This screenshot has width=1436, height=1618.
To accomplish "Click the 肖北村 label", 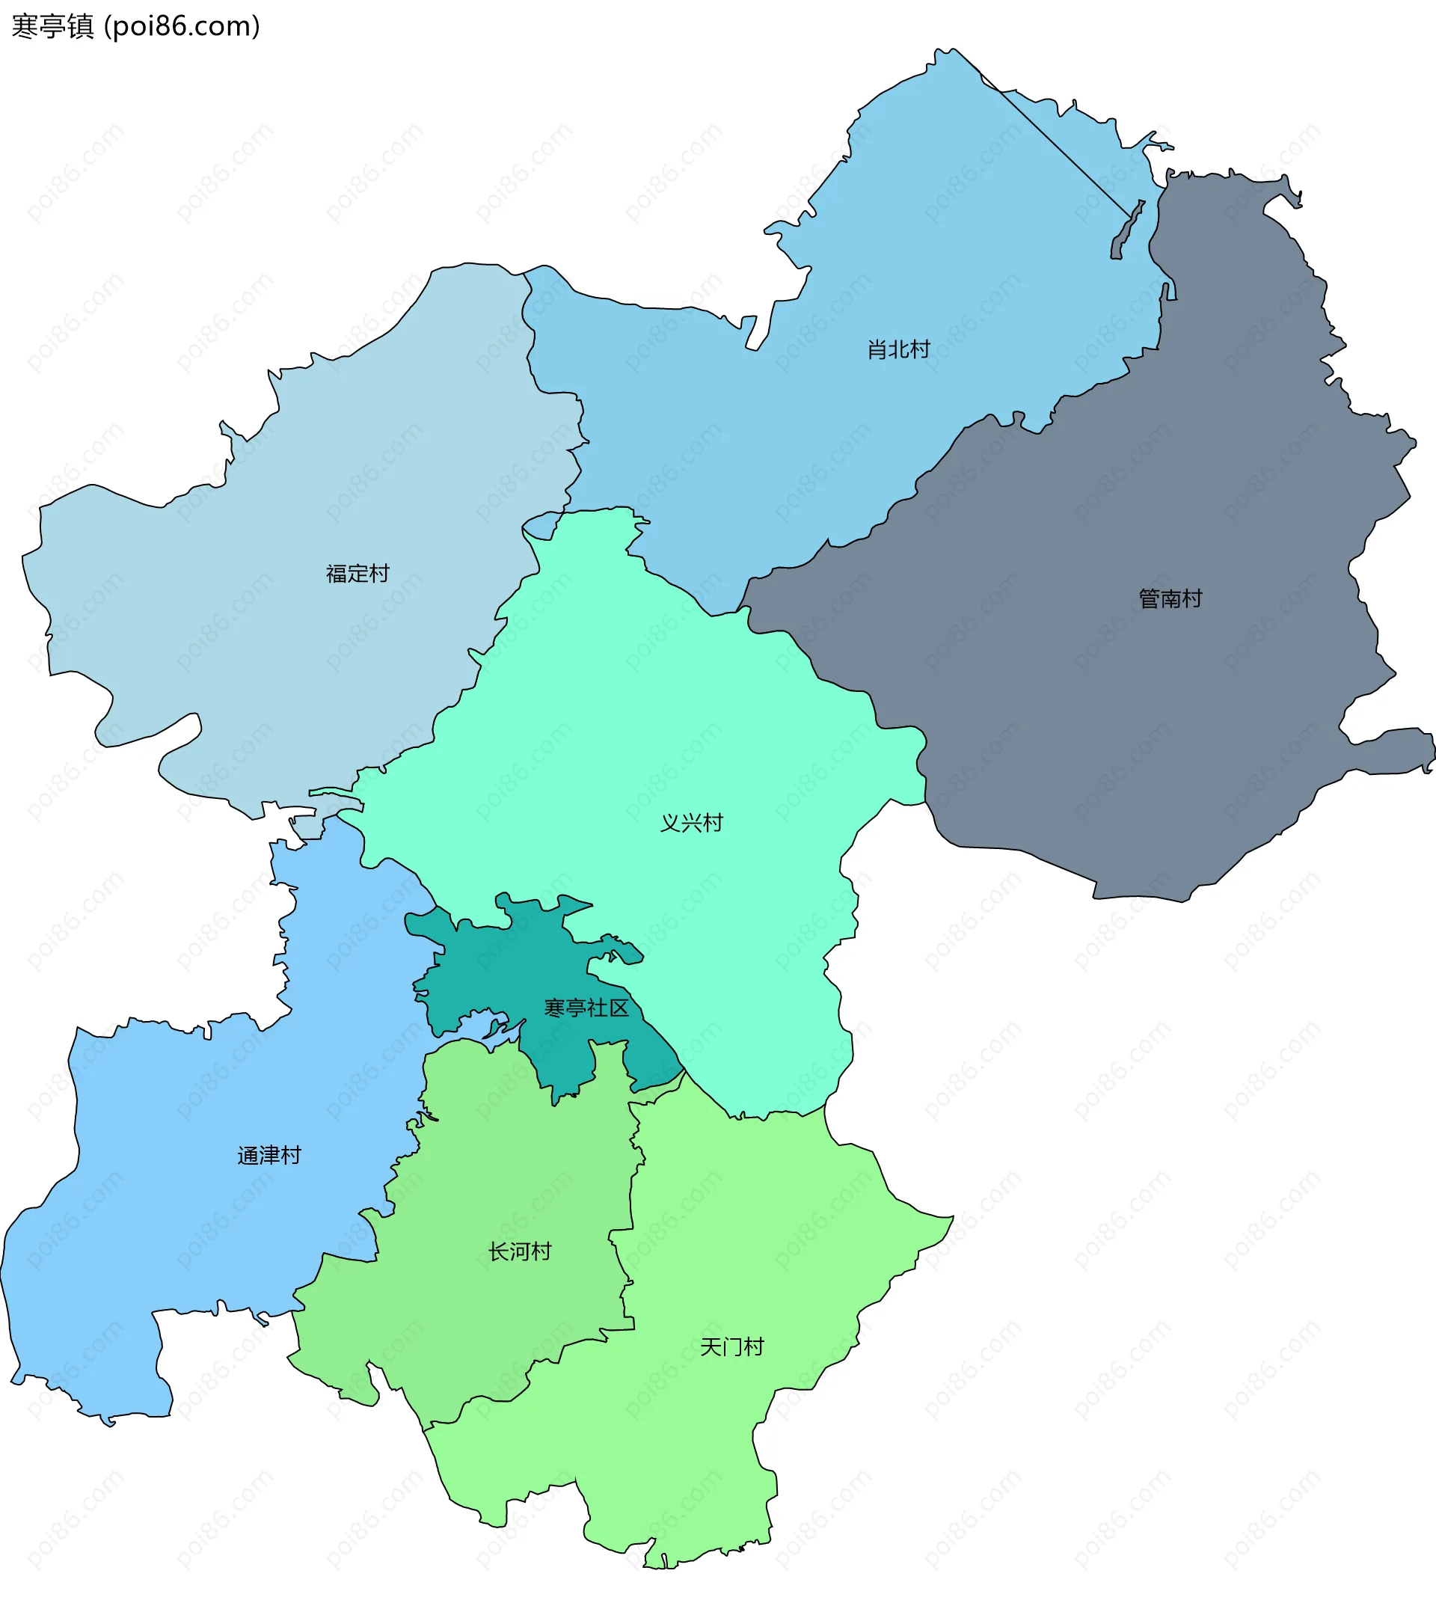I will (898, 349).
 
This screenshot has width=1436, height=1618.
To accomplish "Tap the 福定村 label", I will (358, 573).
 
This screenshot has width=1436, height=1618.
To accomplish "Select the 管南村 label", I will (1170, 598).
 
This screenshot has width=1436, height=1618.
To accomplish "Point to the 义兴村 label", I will (692, 824).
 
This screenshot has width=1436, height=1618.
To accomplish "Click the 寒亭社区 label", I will (586, 1008).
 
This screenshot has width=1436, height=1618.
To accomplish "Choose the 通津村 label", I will (269, 1156).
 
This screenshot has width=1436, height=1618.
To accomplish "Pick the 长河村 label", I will (519, 1251).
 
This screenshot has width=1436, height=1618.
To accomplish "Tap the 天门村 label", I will (732, 1346).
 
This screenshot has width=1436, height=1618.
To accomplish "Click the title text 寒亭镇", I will (53, 27).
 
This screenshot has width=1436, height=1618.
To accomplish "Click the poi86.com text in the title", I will (182, 27).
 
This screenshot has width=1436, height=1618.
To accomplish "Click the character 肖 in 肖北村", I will (877, 349).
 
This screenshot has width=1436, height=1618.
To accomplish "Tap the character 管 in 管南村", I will (1149, 598).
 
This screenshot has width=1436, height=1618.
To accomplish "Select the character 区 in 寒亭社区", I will (619, 1008).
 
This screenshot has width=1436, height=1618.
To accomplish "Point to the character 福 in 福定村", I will (337, 573).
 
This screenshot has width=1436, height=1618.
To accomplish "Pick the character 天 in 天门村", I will (711, 1346).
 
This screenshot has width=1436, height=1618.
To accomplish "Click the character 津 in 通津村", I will (269, 1156).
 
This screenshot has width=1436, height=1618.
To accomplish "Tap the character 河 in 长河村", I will (519, 1251).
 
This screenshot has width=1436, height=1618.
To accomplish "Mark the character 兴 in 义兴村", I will (692, 824).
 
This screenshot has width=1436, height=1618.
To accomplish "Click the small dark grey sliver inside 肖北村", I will (1126, 232).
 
